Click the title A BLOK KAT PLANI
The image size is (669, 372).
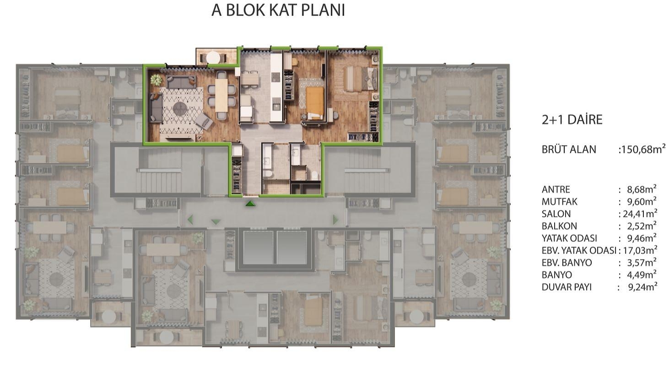pyautogui.click(x=278, y=11)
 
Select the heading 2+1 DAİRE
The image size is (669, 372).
pyautogui.click(x=572, y=120)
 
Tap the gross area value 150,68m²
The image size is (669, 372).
pyautogui.click(x=642, y=149)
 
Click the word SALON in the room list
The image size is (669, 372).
pyautogui.click(x=556, y=214)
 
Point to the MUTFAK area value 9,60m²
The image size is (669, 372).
pyautogui.click(x=637, y=202)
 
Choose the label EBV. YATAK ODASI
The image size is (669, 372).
pyautogui.click(x=579, y=250)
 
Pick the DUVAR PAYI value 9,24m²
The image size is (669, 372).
pyautogui.click(x=637, y=287)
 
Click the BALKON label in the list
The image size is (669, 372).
pyautogui.click(x=559, y=226)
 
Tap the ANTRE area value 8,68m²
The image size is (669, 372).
pyautogui.click(x=637, y=189)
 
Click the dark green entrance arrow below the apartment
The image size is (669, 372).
pyautogui.click(x=250, y=203)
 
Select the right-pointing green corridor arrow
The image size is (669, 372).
pyautogui.click(x=335, y=220)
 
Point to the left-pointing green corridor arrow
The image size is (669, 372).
pyautogui.click(x=190, y=220)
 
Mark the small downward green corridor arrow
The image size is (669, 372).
pyautogui.click(x=216, y=222)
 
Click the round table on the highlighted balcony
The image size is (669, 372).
pyautogui.click(x=213, y=58)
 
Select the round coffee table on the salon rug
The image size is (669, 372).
pyautogui.click(x=180, y=109)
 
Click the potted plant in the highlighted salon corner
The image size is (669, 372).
pyautogui.click(x=156, y=80)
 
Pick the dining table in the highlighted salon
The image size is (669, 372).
pyautogui.click(x=221, y=95)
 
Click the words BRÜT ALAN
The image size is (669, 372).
pyautogui.click(x=569, y=150)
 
